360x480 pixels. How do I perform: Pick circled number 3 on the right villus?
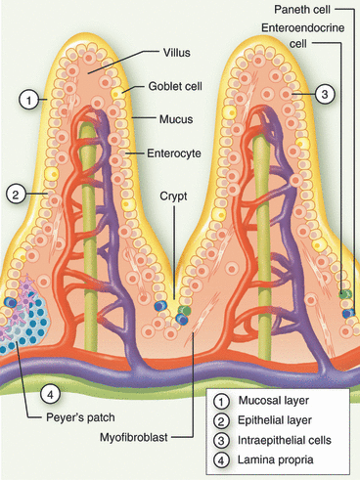326,93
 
